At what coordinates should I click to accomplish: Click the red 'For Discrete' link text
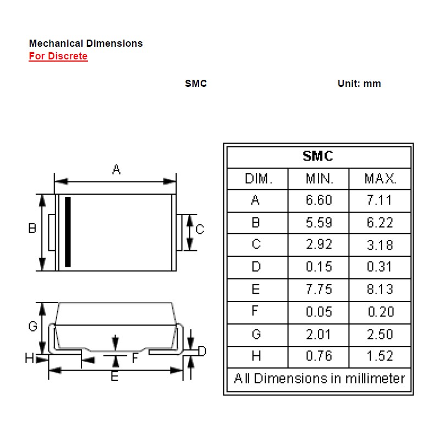click(58, 56)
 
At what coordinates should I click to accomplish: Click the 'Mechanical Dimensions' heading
click(85, 43)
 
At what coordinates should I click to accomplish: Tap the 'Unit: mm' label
click(359, 84)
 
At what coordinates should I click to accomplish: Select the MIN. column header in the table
click(319, 179)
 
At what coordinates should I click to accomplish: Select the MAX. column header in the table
click(380, 179)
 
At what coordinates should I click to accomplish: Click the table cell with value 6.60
click(319, 200)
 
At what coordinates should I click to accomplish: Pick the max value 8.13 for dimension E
click(380, 289)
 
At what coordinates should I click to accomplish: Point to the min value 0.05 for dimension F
click(319, 312)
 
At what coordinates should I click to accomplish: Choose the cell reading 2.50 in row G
click(380, 334)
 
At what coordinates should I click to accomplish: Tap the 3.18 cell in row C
click(380, 245)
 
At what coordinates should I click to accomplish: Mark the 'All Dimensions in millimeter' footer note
click(319, 378)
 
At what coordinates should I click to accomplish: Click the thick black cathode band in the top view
click(68, 232)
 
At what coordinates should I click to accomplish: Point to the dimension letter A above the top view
click(116, 169)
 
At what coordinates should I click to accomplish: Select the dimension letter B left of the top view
click(32, 228)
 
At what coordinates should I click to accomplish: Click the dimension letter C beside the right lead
click(200, 229)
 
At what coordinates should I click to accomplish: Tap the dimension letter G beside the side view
click(32, 326)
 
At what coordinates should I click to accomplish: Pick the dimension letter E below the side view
click(114, 377)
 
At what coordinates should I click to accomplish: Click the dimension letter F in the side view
click(135, 358)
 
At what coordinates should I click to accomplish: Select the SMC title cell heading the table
click(318, 156)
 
